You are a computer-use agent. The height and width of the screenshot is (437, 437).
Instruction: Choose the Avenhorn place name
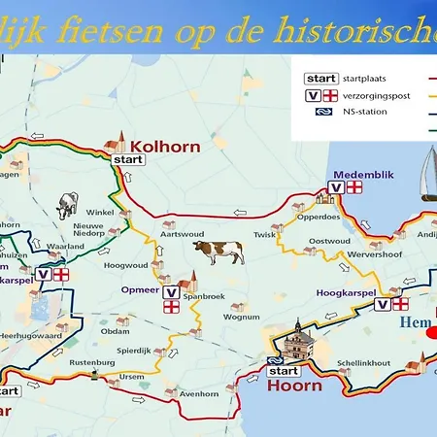point(199,393)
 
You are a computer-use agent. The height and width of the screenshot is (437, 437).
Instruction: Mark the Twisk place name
point(265,234)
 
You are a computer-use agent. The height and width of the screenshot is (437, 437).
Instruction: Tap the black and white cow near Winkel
point(67,205)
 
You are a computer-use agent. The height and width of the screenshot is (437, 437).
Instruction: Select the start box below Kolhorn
point(127,158)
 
